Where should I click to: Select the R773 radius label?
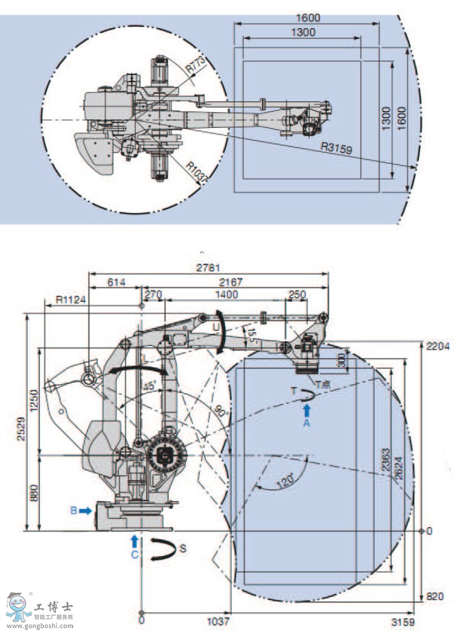195,66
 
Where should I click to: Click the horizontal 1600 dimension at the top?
307,18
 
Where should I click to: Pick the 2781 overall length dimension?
208,268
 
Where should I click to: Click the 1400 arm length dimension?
226,295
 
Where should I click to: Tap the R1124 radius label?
70,300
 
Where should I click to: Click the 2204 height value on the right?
438,346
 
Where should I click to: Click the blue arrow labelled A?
307,411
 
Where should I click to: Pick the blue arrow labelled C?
134,541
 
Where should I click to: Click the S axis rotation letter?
182,547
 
